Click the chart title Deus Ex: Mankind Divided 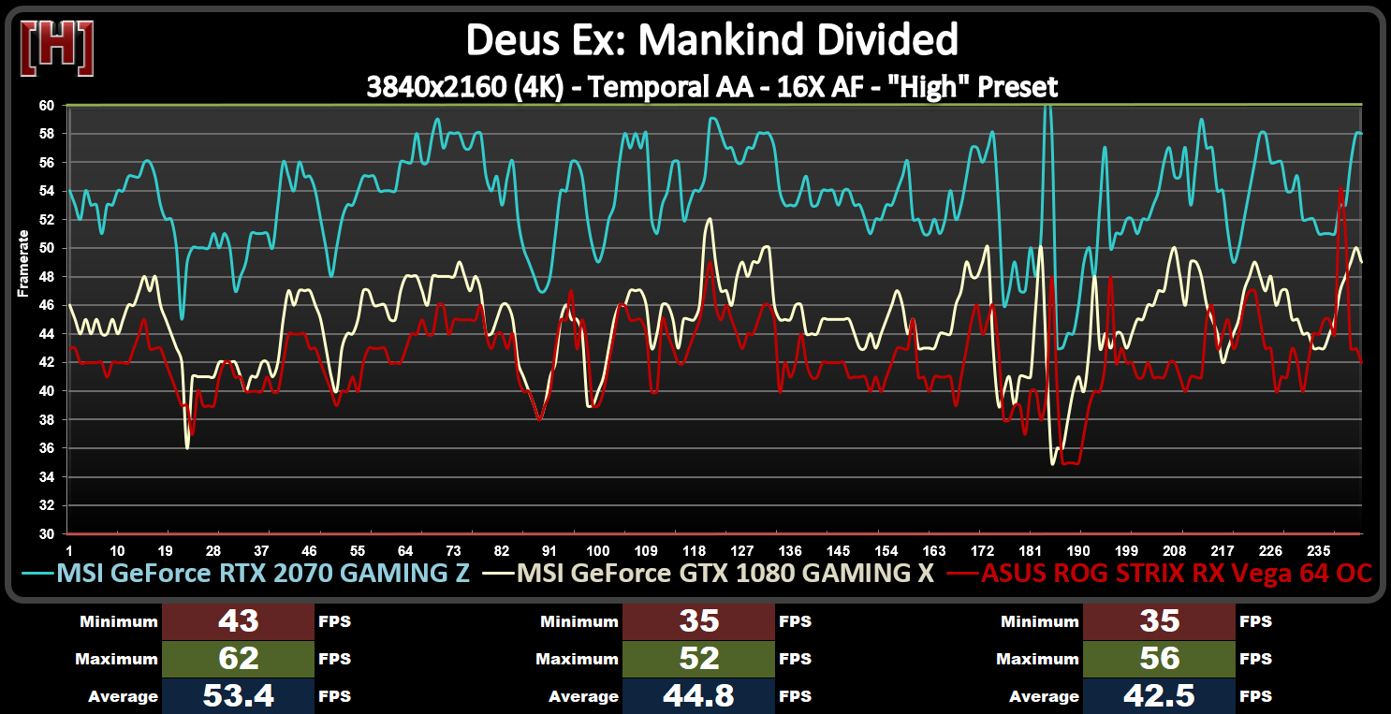pyautogui.click(x=712, y=40)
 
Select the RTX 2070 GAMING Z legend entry pyautogui.click(x=262, y=573)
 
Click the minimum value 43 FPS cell pyautogui.click(x=238, y=621)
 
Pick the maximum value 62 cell pyautogui.click(x=238, y=659)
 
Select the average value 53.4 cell pyautogui.click(x=238, y=696)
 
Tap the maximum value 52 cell pyautogui.click(x=698, y=659)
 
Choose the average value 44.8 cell pyautogui.click(x=698, y=696)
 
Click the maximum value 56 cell pyautogui.click(x=1159, y=659)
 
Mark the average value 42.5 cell pyautogui.click(x=1159, y=696)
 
